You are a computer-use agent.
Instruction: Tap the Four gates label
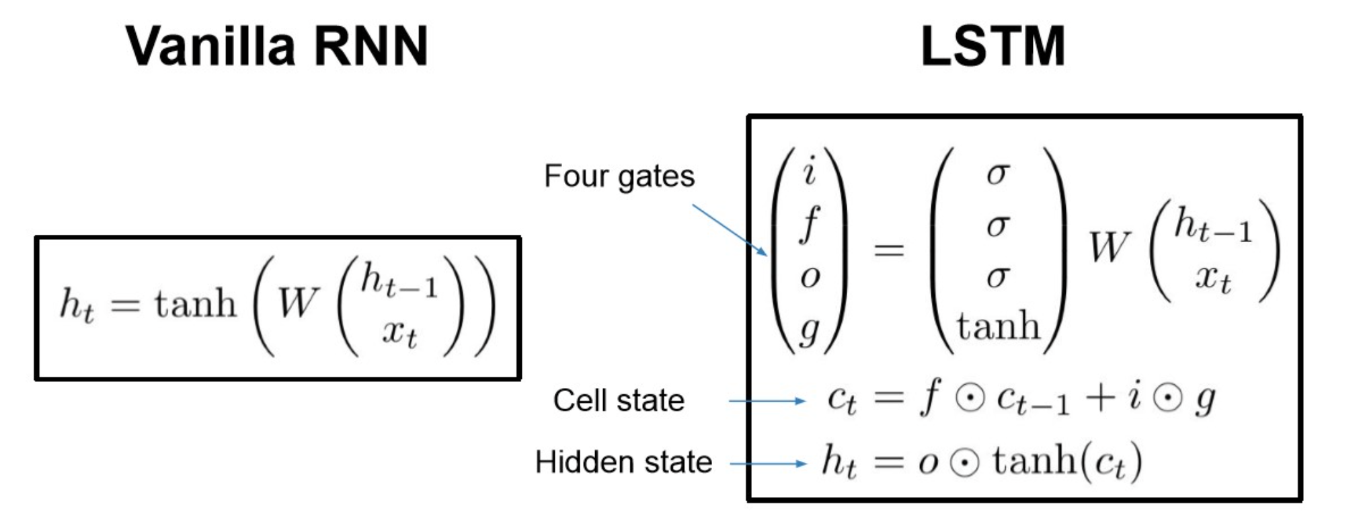[619, 176]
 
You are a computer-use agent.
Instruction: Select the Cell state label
[619, 400]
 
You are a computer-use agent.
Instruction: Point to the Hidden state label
[623, 462]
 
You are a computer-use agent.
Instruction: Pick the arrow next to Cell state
[767, 402]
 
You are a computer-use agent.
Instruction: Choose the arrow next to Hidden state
[767, 464]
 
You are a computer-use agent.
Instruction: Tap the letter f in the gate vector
[810, 223]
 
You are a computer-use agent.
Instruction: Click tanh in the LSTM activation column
[998, 326]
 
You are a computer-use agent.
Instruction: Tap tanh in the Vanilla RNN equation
[196, 303]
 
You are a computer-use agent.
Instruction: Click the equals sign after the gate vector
[888, 250]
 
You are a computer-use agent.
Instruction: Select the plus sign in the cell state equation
[1099, 398]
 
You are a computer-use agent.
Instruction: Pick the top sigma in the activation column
[997, 174]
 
